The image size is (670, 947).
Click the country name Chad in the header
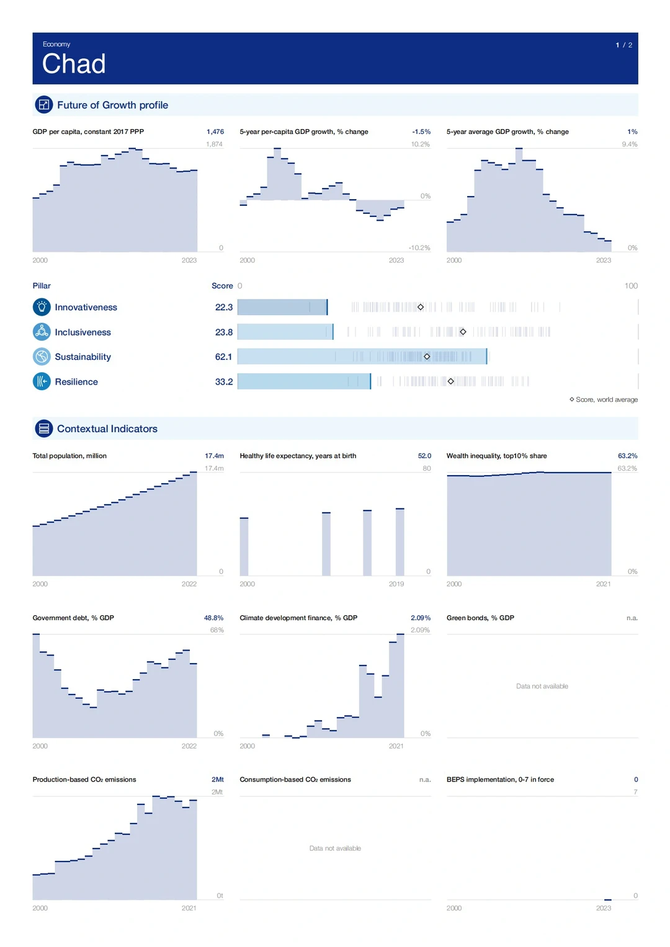(74, 64)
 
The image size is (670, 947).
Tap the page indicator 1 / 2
(623, 45)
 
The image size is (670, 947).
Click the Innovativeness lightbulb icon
(42, 307)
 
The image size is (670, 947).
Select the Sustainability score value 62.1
(223, 357)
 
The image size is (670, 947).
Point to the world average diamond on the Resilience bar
(450, 381)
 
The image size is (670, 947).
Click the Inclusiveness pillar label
(83, 332)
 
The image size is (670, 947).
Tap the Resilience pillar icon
(42, 381)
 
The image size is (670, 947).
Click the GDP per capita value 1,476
(215, 131)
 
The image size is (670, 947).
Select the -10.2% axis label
(419, 247)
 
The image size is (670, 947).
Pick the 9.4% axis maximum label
(630, 144)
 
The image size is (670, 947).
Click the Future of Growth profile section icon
(43, 105)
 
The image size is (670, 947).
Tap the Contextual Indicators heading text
(107, 429)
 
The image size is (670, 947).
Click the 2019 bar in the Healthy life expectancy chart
(400, 541)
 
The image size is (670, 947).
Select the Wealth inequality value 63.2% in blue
(627, 456)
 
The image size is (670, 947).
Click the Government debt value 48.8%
(213, 618)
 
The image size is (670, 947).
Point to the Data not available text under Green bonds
(542, 686)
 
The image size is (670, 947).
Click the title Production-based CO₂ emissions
(84, 780)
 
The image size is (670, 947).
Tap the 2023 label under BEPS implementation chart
(603, 908)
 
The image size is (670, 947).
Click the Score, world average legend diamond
(571, 399)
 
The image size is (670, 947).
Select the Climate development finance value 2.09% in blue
(421, 618)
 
